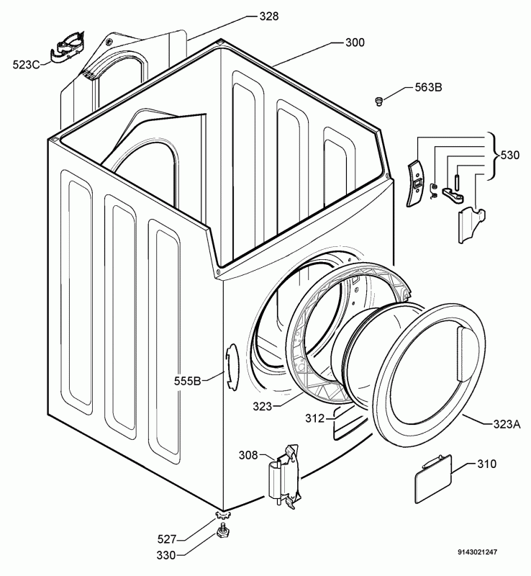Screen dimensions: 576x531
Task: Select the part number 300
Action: (x=355, y=42)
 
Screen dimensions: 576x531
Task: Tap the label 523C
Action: (x=27, y=64)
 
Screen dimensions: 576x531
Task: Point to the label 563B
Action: (x=428, y=87)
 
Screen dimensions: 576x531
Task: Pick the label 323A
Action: (x=507, y=425)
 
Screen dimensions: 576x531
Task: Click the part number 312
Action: (x=313, y=417)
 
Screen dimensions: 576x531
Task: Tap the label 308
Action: (x=248, y=454)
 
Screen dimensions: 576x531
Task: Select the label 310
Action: (x=486, y=464)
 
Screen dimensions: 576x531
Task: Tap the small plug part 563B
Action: (x=378, y=102)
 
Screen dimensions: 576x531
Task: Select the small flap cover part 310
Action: (x=432, y=478)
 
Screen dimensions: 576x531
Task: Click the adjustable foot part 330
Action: (x=222, y=532)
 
